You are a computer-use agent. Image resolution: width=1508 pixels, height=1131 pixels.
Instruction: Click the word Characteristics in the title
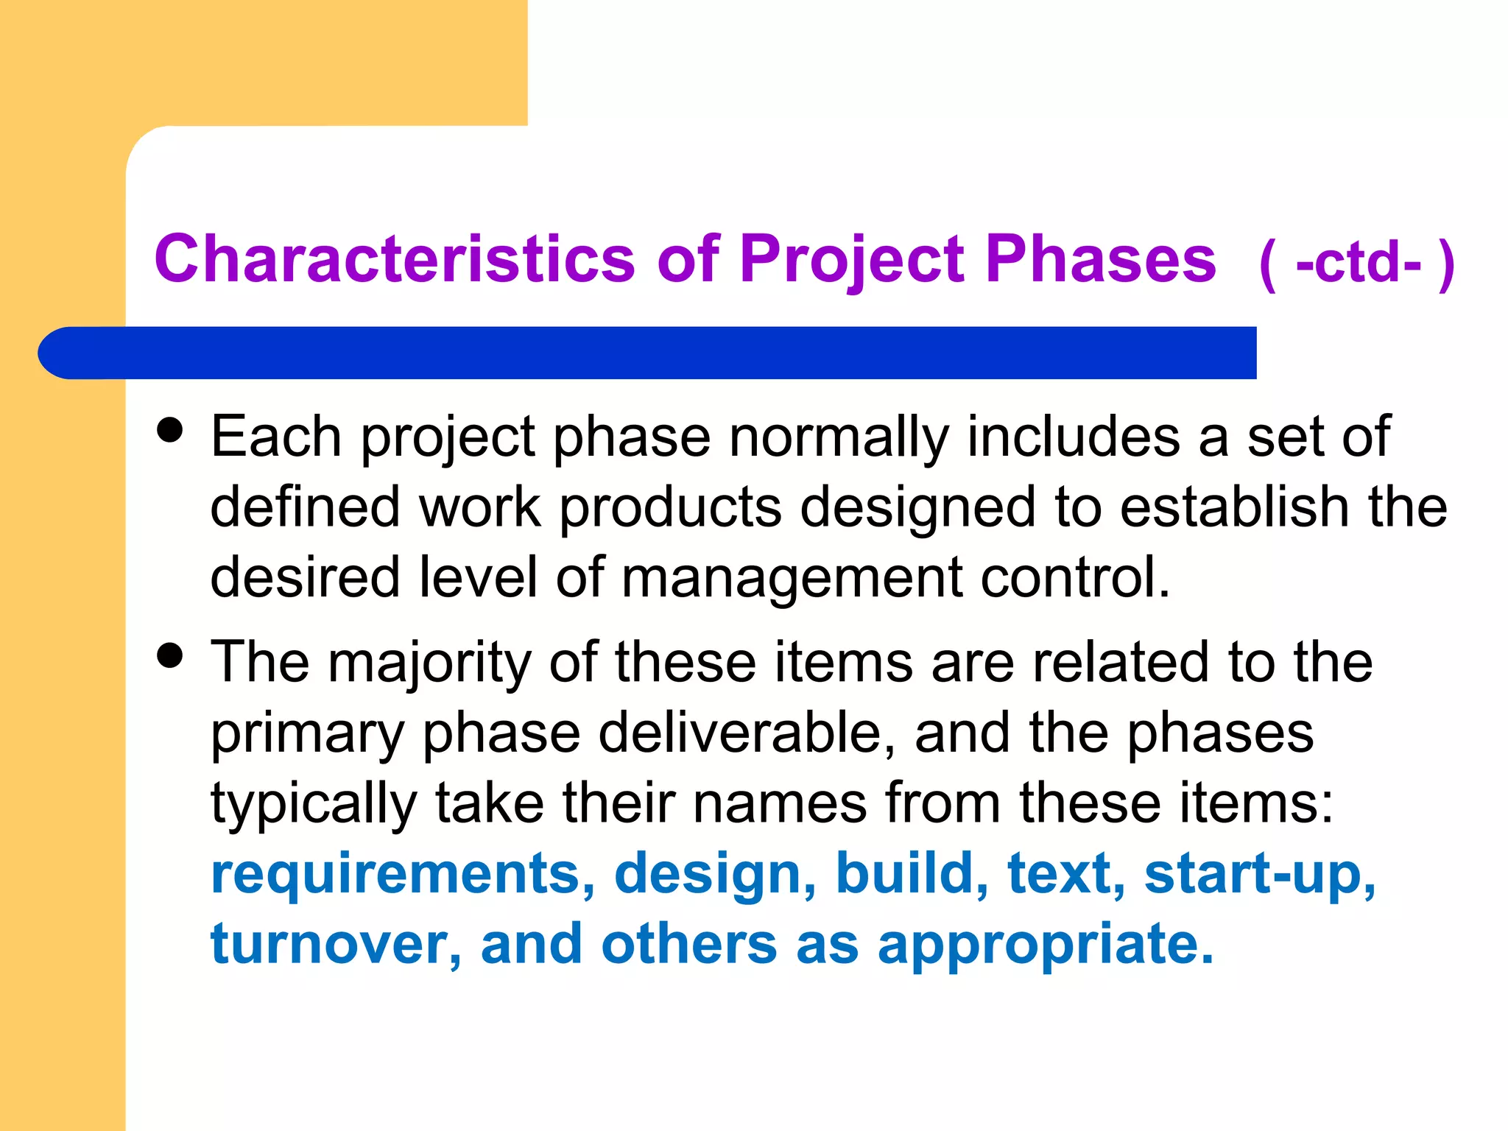pyautogui.click(x=395, y=259)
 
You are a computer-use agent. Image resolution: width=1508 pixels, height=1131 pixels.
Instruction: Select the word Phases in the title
pyautogui.click(x=1100, y=259)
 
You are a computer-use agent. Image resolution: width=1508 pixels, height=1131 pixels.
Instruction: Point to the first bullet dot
pyautogui.click(x=170, y=431)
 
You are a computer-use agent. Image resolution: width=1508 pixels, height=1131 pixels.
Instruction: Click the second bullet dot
pyautogui.click(x=170, y=655)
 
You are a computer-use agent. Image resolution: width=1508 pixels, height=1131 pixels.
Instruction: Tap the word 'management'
pyautogui.click(x=792, y=577)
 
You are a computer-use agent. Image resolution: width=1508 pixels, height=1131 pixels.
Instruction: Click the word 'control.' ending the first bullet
pyautogui.click(x=1076, y=577)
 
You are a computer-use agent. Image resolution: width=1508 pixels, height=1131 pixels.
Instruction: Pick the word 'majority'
pyautogui.click(x=429, y=663)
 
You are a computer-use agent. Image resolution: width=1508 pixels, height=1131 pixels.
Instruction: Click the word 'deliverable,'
pyautogui.click(x=747, y=733)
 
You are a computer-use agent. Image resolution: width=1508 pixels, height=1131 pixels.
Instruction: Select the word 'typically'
pyautogui.click(x=314, y=803)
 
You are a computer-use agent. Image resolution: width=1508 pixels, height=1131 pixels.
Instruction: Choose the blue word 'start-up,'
pyautogui.click(x=1260, y=874)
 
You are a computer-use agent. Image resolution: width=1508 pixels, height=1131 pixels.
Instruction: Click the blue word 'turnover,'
pyautogui.click(x=336, y=944)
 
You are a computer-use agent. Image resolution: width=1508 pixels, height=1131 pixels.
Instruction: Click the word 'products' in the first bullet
pyautogui.click(x=670, y=507)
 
